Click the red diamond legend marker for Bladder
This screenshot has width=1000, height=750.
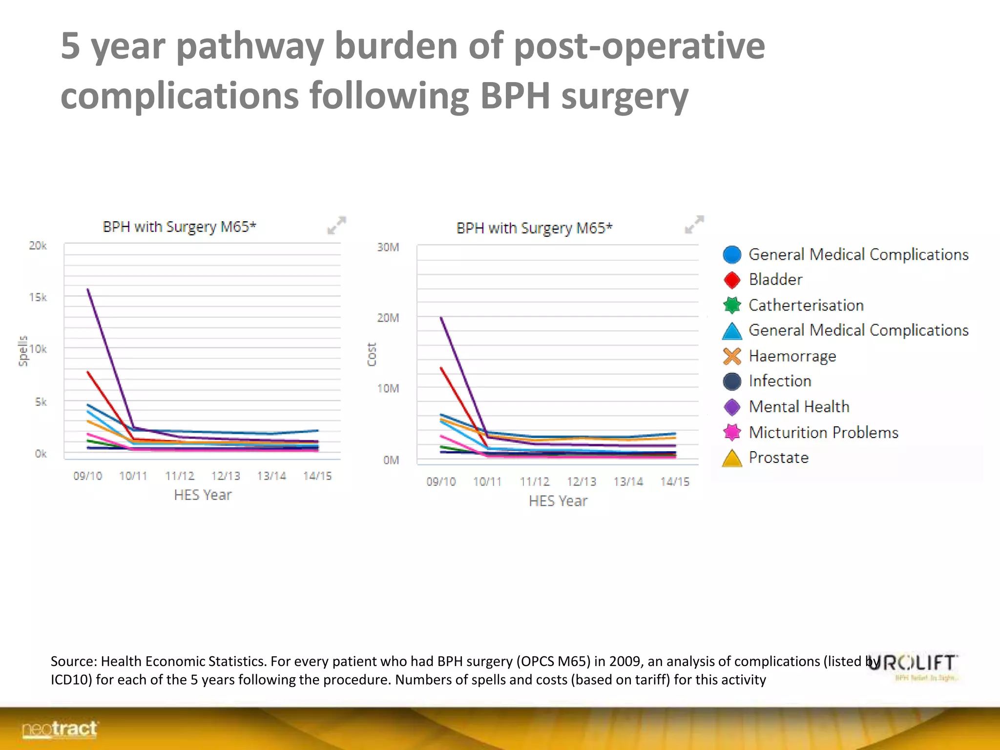(x=732, y=280)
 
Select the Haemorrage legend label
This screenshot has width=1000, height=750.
(x=792, y=356)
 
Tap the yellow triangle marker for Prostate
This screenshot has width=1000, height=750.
(x=732, y=458)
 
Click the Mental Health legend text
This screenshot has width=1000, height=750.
(x=799, y=407)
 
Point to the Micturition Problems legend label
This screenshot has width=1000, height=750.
(x=823, y=432)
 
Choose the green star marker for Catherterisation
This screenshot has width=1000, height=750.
(x=732, y=305)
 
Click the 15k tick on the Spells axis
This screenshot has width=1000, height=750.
(x=38, y=297)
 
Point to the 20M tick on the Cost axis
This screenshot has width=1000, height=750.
(x=388, y=318)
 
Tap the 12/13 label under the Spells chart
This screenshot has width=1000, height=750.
(x=226, y=476)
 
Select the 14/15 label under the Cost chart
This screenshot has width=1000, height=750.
(x=675, y=481)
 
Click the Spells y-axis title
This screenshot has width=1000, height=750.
(x=23, y=351)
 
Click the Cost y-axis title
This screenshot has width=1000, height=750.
(x=372, y=354)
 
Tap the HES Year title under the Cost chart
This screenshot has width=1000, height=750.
(x=558, y=501)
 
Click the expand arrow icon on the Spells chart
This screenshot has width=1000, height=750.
(x=336, y=225)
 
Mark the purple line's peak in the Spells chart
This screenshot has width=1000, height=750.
(x=88, y=289)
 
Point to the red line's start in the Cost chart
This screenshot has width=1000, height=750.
(x=441, y=368)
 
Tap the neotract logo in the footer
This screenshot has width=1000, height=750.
(x=60, y=729)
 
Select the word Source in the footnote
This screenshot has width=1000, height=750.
(x=73, y=661)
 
